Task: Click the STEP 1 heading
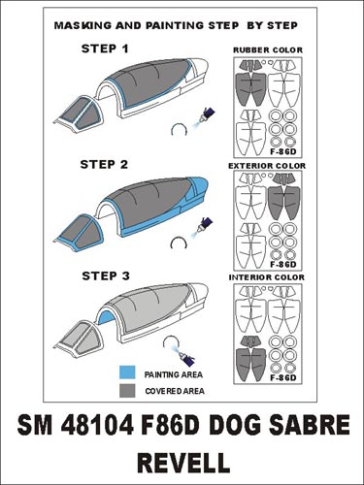(x=105, y=48)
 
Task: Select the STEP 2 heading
(x=104, y=164)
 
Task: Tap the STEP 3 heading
(x=106, y=275)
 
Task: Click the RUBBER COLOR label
(x=268, y=50)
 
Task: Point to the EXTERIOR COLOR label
(x=267, y=166)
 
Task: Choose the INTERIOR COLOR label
(x=267, y=277)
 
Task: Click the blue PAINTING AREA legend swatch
(x=127, y=372)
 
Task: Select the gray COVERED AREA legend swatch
(x=127, y=390)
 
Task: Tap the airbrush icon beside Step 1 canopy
(x=205, y=116)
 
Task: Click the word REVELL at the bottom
(x=183, y=462)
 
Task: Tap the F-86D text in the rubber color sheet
(x=283, y=152)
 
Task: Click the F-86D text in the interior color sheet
(x=283, y=377)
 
